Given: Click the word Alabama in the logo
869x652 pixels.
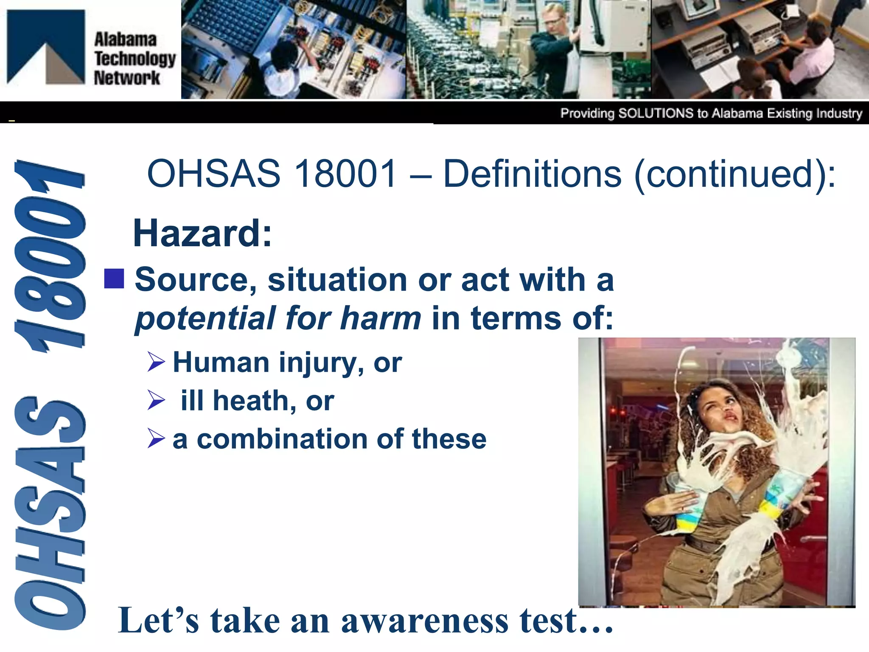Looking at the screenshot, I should click(125, 39).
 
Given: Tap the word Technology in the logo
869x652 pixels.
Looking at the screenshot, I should click(135, 59).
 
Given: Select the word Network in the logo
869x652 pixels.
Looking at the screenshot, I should click(127, 78).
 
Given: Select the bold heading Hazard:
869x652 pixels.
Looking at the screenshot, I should click(202, 233).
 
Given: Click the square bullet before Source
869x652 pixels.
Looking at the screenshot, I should click(114, 278).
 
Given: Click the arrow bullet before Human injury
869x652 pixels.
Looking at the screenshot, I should click(156, 362).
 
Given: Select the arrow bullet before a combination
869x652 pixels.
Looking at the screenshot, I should click(156, 438).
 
